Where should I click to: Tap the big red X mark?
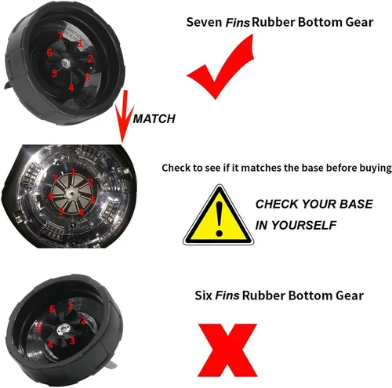pyautogui.click(x=227, y=350)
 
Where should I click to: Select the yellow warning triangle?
pyautogui.click(x=218, y=216)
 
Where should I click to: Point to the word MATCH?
pyautogui.click(x=154, y=119)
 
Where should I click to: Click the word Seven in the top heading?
pyautogui.click(x=204, y=22)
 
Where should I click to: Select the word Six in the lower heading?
pyautogui.click(x=203, y=296)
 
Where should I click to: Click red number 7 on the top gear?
pyautogui.click(x=60, y=36)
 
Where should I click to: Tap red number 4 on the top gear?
pyautogui.click(x=71, y=88)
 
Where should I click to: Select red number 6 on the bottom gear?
pyautogui.click(x=53, y=309)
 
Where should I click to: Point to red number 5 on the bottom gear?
pyautogui.click(x=39, y=327)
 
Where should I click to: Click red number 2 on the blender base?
pyautogui.click(x=90, y=182)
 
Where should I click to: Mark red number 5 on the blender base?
pyautogui.click(x=61, y=211)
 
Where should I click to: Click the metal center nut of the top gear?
pyautogui.click(x=65, y=63)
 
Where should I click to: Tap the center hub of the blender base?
pyautogui.click(x=71, y=193)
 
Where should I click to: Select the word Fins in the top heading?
pyautogui.click(x=238, y=23)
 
